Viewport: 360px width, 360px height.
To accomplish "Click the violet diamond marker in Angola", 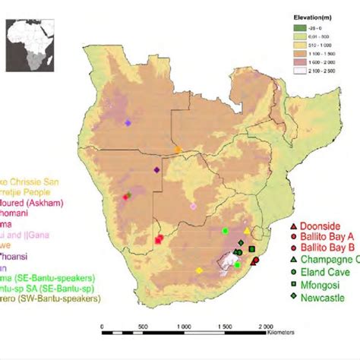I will [x=128, y=122].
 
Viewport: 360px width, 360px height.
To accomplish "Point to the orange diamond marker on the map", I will [x=178, y=150].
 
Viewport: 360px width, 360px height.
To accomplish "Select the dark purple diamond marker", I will [x=156, y=170].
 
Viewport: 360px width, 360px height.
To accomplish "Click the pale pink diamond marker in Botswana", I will [x=193, y=206].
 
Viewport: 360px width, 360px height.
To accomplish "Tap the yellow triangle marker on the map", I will [x=246, y=230].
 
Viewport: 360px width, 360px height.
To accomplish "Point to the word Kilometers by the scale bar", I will [x=283, y=332].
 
